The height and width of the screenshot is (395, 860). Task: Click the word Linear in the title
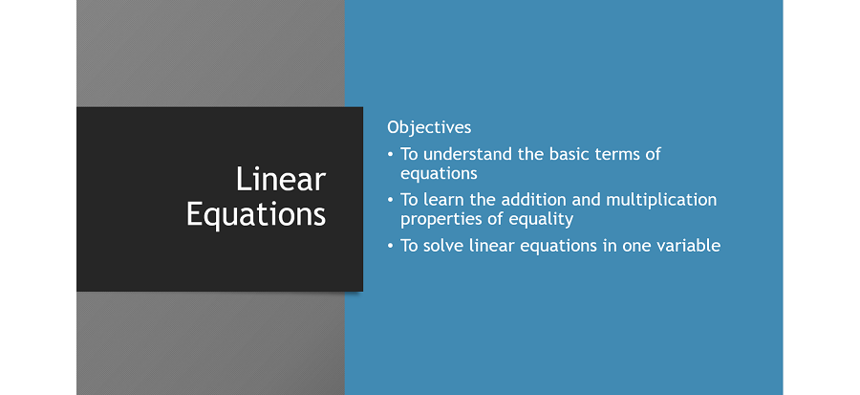pos(281,179)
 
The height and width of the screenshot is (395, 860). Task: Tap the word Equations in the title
pos(256,213)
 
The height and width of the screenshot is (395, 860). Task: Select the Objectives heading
pos(429,127)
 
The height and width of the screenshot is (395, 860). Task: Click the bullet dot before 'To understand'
pos(390,154)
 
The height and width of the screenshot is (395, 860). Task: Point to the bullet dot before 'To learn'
pos(390,200)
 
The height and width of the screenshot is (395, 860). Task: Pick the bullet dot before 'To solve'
pos(390,246)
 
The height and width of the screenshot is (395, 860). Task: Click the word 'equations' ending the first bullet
pos(439,174)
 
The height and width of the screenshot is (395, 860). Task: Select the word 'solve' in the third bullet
pos(443,246)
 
